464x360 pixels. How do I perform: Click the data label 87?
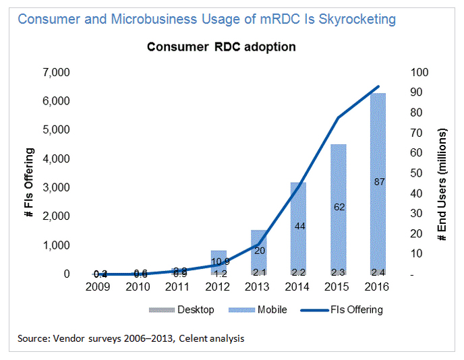pos(378,182)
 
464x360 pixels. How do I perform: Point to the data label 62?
pos(339,207)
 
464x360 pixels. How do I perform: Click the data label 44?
pos(299,227)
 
